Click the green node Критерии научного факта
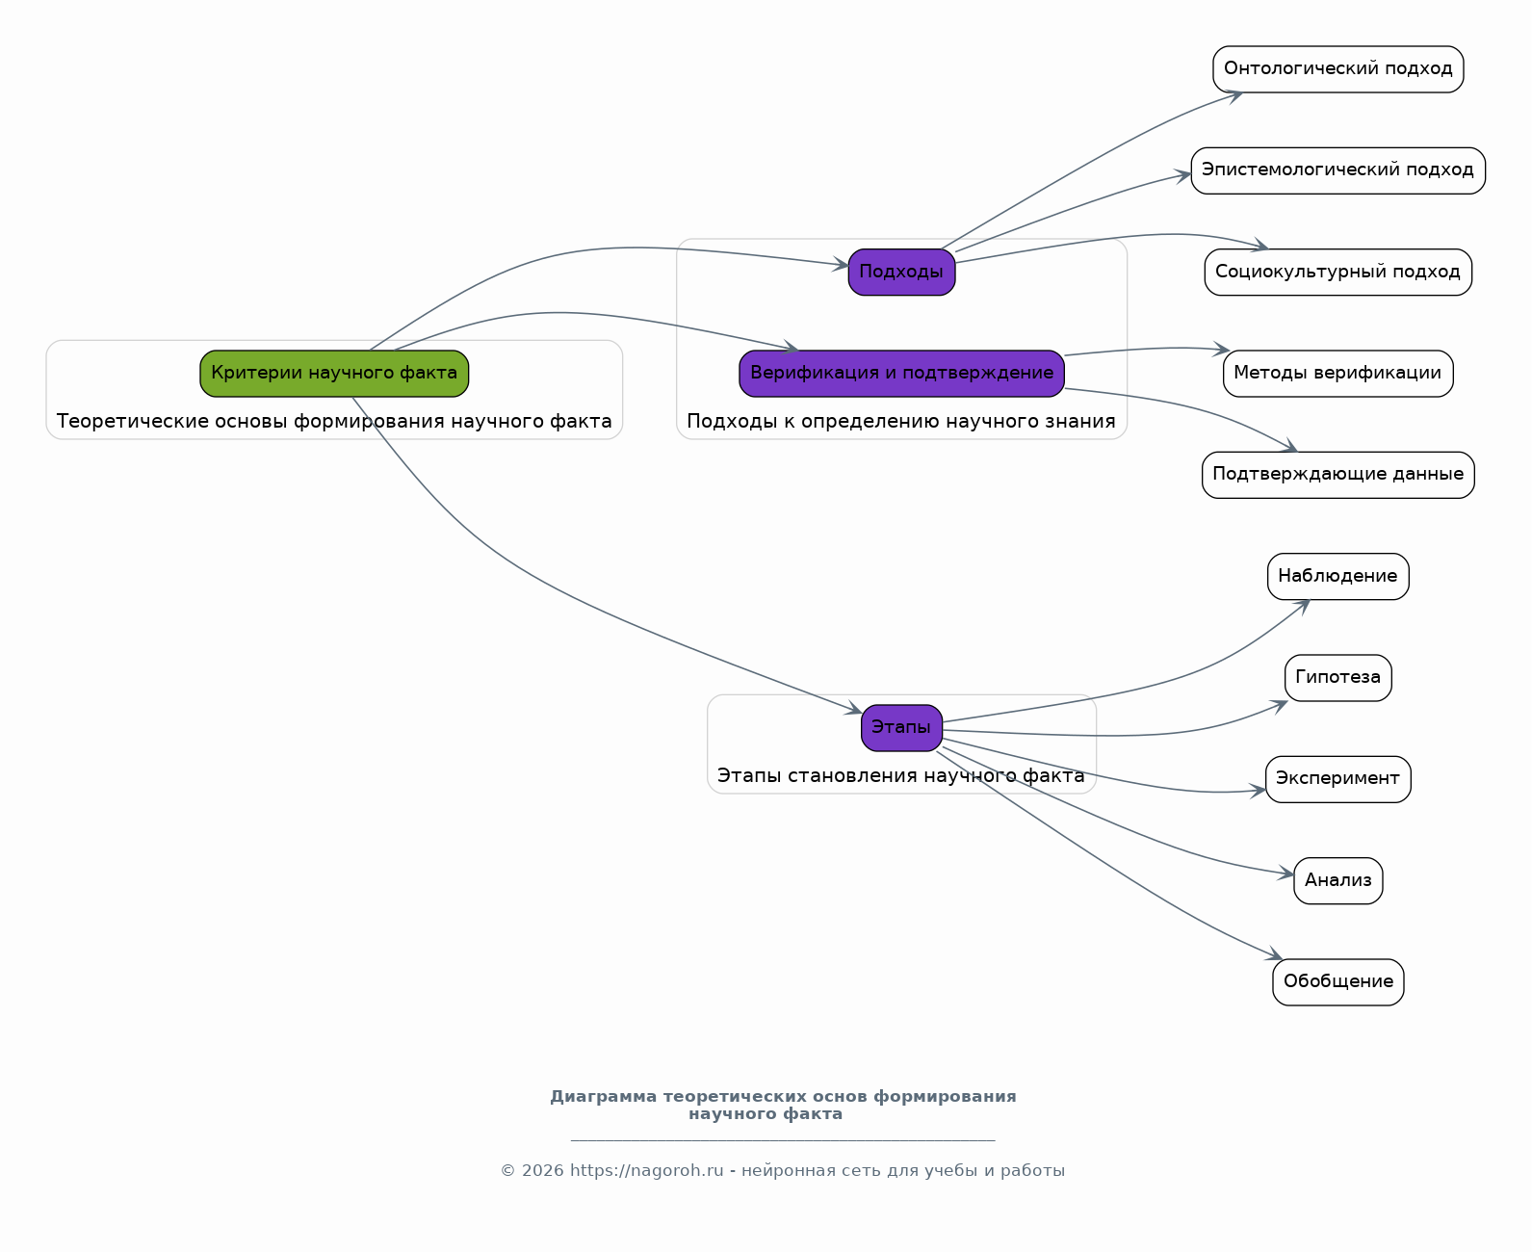tap(334, 374)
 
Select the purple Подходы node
tap(901, 272)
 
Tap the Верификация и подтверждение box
tap(901, 374)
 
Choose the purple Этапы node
tap(901, 728)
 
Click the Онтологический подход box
tap(1338, 69)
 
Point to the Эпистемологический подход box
tap(1338, 170)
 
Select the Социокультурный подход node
tap(1338, 272)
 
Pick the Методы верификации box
tap(1338, 374)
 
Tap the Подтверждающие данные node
tap(1338, 475)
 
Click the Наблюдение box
tap(1338, 576)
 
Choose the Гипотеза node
tap(1338, 678)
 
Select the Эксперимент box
tap(1338, 779)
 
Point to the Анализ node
tap(1338, 880)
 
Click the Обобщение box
tap(1338, 981)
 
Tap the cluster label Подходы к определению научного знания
tap(901, 422)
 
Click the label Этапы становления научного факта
tap(901, 775)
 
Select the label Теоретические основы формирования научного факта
tap(334, 422)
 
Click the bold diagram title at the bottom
tap(783, 1105)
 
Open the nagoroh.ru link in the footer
tap(646, 1170)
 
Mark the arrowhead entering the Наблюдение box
tap(1304, 606)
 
